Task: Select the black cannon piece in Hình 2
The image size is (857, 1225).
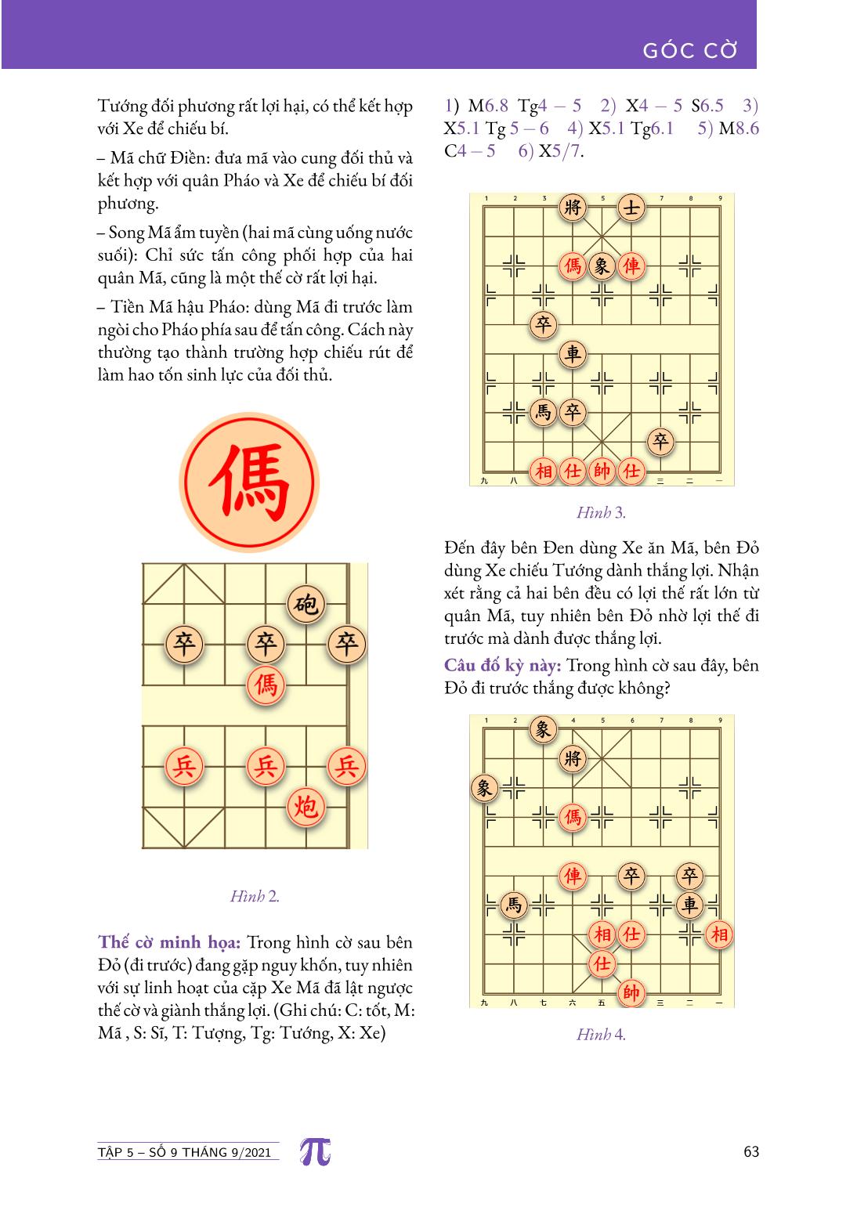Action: pyautogui.click(x=306, y=604)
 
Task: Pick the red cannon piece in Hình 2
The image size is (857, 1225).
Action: pyautogui.click(x=306, y=804)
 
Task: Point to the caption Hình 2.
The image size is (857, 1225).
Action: pyautogui.click(x=255, y=897)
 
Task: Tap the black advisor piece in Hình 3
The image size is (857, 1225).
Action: pyautogui.click(x=631, y=208)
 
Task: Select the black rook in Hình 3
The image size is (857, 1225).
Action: pyautogui.click(x=573, y=354)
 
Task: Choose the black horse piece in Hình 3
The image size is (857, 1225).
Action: pyautogui.click(x=543, y=412)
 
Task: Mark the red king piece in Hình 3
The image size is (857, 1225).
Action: pyautogui.click(x=602, y=471)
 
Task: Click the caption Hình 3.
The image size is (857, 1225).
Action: pyautogui.click(x=601, y=513)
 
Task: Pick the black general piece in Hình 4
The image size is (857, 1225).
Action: pyautogui.click(x=573, y=758)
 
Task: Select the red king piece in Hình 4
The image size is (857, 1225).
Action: pyautogui.click(x=631, y=992)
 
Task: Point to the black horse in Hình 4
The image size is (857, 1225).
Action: pyautogui.click(x=513, y=905)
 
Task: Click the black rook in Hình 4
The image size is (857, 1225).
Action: pyautogui.click(x=689, y=905)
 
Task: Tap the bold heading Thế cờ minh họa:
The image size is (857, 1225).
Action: pyautogui.click(x=168, y=942)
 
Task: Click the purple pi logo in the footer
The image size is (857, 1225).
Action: pyautogui.click(x=315, y=1152)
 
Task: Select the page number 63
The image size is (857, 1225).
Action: pyautogui.click(x=750, y=1152)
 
